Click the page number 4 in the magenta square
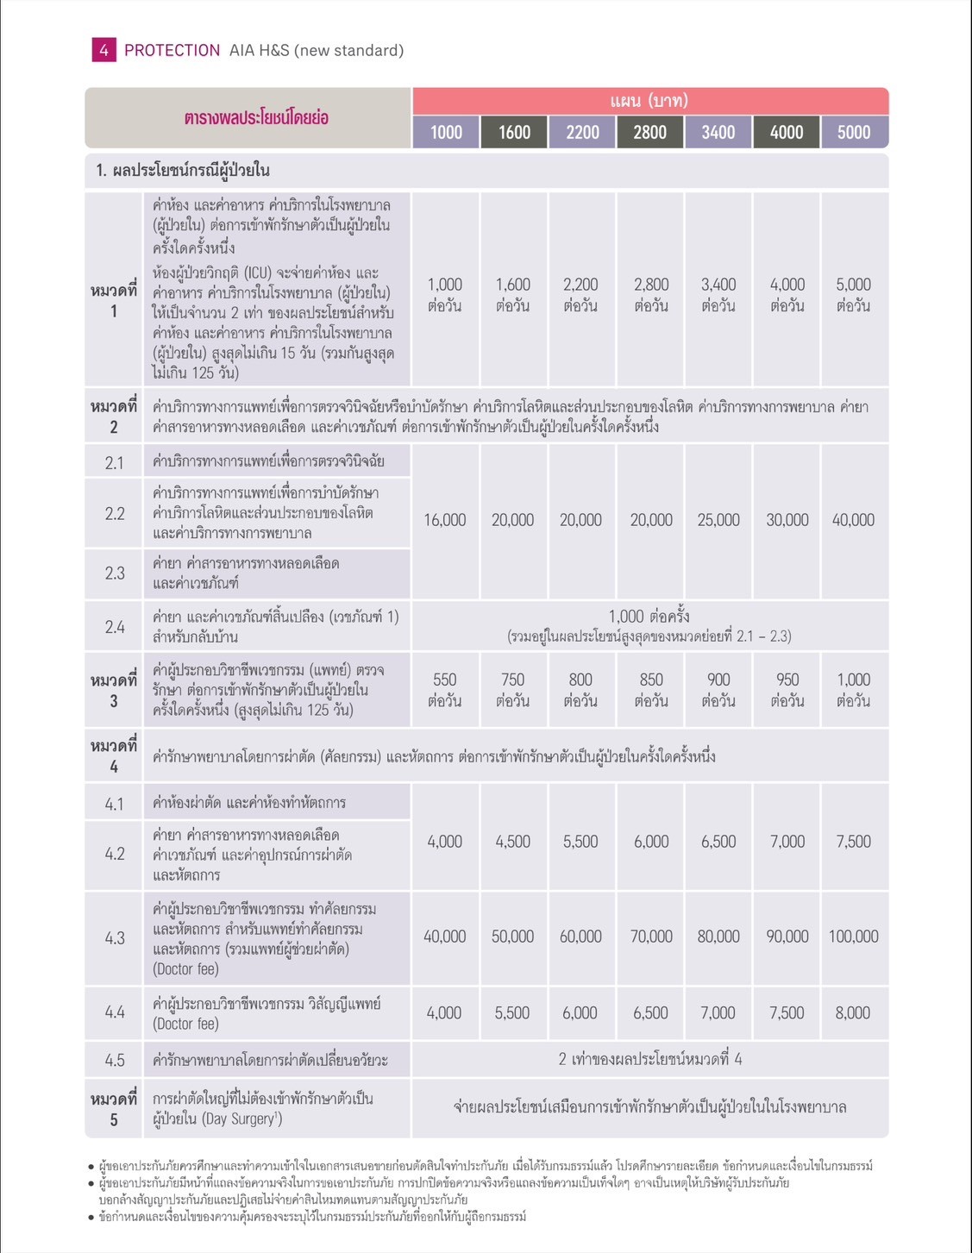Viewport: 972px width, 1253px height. point(103,50)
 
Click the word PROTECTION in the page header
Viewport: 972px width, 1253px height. point(172,50)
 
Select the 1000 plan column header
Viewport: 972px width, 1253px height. point(446,132)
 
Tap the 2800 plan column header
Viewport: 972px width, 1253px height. point(649,132)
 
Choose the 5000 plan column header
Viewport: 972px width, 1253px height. point(854,132)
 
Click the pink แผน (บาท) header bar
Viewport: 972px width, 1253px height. point(649,101)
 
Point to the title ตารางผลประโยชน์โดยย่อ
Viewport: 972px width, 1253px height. point(256,117)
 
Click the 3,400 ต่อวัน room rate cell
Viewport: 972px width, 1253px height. point(718,294)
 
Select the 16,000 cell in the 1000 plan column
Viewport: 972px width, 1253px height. point(445,520)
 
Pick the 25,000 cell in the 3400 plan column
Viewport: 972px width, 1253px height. point(718,520)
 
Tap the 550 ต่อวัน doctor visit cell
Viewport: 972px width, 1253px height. point(445,690)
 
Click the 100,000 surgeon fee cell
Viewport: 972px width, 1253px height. point(853,937)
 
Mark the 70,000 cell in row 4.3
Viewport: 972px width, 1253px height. point(651,937)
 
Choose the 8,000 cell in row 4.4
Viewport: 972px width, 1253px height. point(853,1013)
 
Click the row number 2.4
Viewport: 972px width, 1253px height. point(115,627)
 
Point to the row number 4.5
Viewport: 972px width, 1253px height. point(115,1060)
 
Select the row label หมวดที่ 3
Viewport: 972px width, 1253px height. point(114,690)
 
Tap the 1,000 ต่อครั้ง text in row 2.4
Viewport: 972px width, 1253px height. point(649,617)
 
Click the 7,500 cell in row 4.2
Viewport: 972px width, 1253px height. point(853,842)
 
